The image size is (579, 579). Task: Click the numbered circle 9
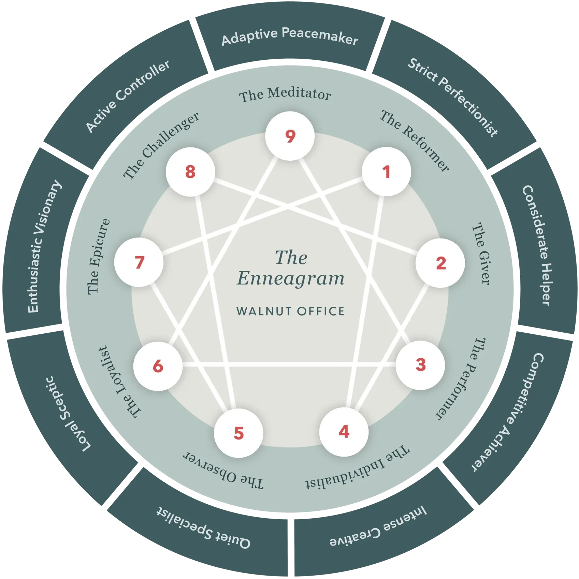[x=290, y=136]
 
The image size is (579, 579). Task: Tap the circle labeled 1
[x=386, y=172]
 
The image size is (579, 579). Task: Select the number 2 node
[x=440, y=263]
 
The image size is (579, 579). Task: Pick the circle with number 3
[x=420, y=365]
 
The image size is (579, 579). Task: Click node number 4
[x=344, y=432]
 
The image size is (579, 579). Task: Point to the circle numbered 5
[x=238, y=433]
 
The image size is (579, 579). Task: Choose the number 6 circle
[x=158, y=366]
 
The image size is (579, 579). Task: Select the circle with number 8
[x=190, y=172]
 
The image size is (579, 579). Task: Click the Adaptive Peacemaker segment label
[x=290, y=37]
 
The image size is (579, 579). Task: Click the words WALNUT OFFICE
[x=290, y=311]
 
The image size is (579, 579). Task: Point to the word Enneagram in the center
[x=290, y=278]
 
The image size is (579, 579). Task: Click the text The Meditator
[x=285, y=95]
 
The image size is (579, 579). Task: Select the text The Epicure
[x=99, y=257]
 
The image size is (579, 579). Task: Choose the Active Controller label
[x=127, y=96]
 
